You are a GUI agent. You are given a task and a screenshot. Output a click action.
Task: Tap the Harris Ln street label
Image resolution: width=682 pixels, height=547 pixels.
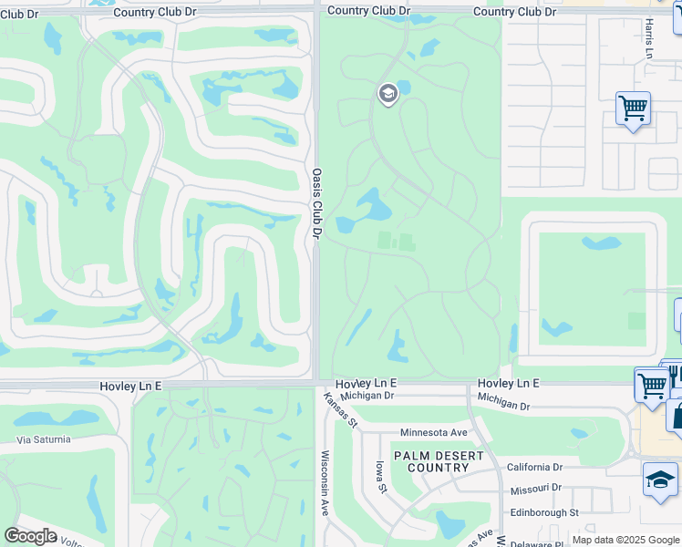[x=648, y=39]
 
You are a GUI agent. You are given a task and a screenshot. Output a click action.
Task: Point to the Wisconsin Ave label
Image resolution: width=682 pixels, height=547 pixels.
[x=324, y=483]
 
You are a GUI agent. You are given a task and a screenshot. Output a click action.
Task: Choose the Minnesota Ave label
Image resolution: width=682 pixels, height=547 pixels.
[x=433, y=432]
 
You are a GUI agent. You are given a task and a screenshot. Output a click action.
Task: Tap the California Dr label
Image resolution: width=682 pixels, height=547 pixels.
[x=535, y=466]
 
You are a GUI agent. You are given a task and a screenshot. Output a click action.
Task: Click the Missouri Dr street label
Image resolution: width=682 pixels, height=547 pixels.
[x=536, y=490]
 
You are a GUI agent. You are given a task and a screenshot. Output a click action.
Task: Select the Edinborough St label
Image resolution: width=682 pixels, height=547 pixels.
[x=544, y=513]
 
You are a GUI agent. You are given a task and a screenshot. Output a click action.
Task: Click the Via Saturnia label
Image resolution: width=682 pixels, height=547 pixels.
[x=43, y=439]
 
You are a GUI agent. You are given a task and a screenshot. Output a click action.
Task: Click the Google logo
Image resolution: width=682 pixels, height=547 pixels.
[x=30, y=536]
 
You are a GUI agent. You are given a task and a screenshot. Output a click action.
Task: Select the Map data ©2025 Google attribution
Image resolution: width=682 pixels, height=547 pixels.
[x=625, y=541]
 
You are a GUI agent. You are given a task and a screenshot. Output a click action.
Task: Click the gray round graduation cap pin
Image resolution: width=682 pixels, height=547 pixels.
[x=387, y=94]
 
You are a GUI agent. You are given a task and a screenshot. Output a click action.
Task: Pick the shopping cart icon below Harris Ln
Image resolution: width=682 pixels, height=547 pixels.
[x=633, y=108]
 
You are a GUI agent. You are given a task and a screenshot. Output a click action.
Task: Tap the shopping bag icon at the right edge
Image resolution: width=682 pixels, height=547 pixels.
[x=677, y=415]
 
